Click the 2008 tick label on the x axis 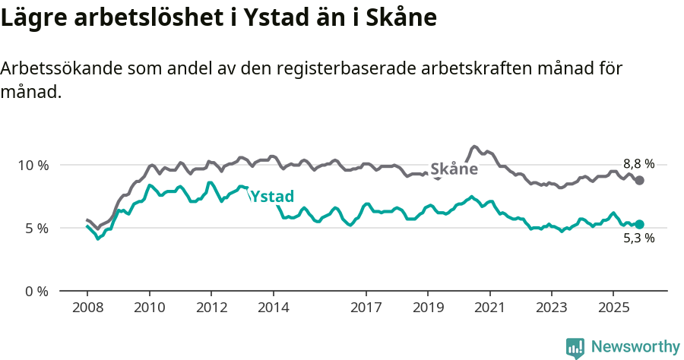point(87,308)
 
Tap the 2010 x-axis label point(149,308)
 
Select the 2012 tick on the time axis point(211,308)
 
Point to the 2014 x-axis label point(273,308)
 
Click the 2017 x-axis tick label point(366,308)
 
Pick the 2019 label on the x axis point(428,308)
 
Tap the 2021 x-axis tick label point(490,308)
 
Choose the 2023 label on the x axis point(552,308)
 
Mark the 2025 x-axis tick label point(614,308)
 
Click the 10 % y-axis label point(33,165)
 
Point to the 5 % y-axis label point(36,228)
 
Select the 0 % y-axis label point(36,291)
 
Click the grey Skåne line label point(454,169)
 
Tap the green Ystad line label point(271,197)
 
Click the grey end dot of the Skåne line point(640,180)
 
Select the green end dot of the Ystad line point(640,224)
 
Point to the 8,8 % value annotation point(638,164)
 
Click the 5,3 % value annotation point(638,238)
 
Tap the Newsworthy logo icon point(575,347)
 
